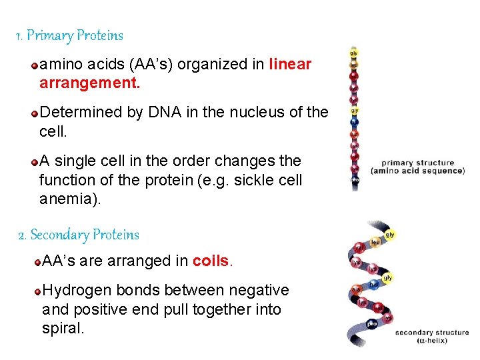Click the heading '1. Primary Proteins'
coord(69,35)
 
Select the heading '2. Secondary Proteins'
coord(78,235)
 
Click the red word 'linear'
coord(290,65)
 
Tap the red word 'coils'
coord(211,261)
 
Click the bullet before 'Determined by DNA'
coord(34,113)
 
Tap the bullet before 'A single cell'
coord(34,161)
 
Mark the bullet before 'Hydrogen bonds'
coord(38,291)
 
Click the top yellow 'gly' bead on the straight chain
coord(353,51)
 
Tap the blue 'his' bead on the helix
coord(375,284)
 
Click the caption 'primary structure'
coord(417,163)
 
